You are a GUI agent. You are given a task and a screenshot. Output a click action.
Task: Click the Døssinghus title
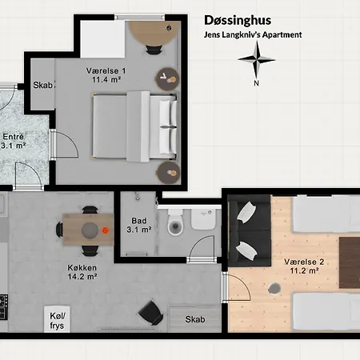(x=238, y=21)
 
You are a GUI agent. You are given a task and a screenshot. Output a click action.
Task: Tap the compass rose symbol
(x=257, y=60)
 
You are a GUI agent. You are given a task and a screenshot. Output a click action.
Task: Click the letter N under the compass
(x=257, y=83)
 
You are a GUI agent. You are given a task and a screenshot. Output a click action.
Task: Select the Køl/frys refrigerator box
(x=57, y=319)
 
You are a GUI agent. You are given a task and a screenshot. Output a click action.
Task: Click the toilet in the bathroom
(x=175, y=222)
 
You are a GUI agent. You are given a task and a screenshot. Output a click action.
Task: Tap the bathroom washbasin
(x=203, y=219)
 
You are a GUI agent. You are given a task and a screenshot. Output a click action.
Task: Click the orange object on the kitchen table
(x=106, y=230)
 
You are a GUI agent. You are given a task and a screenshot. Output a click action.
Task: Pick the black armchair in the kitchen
(x=151, y=313)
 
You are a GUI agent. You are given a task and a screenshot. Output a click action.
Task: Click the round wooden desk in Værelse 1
(x=153, y=34)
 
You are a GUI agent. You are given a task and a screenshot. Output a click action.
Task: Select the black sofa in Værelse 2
(x=250, y=231)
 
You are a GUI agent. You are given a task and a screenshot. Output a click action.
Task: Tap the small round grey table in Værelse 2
(x=274, y=288)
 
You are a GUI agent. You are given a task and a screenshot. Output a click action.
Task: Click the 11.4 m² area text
(x=106, y=80)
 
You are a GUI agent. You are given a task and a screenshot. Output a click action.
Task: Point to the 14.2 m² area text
(x=82, y=277)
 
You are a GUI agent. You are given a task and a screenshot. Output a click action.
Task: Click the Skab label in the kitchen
(x=195, y=319)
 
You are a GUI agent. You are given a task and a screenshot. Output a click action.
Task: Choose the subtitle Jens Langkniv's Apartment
(x=253, y=35)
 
